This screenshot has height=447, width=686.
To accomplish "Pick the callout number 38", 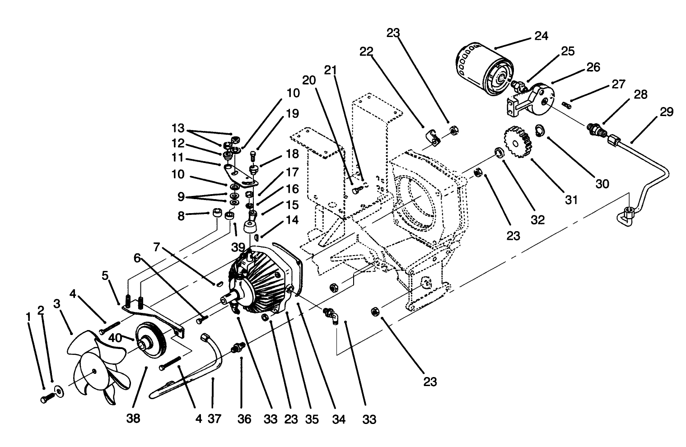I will tap(134, 419).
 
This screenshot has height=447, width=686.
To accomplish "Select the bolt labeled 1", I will tap(47, 398).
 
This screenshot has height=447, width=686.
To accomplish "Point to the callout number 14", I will tap(292, 220).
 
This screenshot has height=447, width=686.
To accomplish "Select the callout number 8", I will tap(181, 216).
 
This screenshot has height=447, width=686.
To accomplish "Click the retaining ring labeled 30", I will tap(539, 130).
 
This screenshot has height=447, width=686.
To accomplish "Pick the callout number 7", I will tap(157, 247).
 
